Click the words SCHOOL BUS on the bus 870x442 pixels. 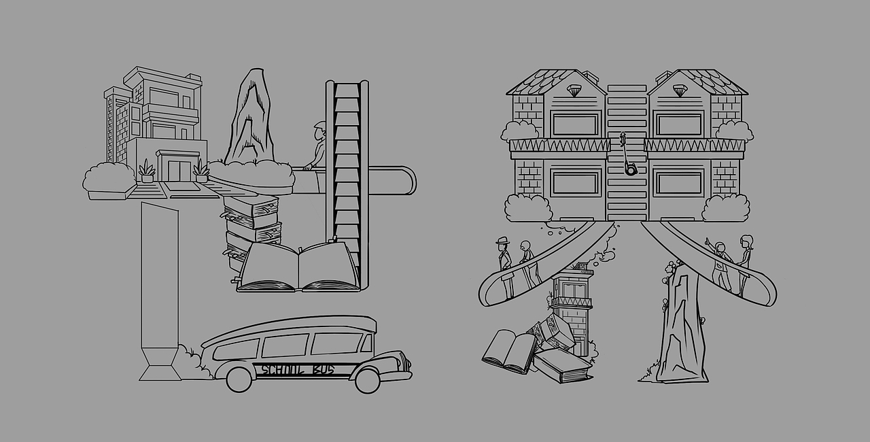click(297, 370)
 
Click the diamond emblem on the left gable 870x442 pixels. click(575, 90)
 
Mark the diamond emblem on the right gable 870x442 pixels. click(678, 90)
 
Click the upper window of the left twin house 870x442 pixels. click(575, 124)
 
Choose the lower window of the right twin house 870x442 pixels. click(678, 183)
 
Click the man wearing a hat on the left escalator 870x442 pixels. click(504, 258)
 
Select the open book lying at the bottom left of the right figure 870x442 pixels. click(509, 350)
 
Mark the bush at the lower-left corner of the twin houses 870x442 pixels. click(527, 208)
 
